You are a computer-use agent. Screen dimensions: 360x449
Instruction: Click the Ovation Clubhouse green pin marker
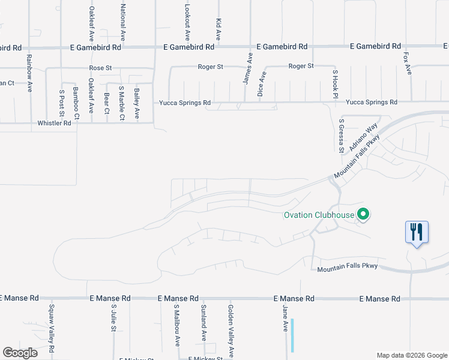click(x=363, y=214)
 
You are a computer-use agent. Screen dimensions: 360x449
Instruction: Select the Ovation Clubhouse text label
click(x=318, y=215)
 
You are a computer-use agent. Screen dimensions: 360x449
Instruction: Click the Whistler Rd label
click(x=54, y=123)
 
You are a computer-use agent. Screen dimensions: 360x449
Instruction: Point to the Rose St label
click(x=100, y=68)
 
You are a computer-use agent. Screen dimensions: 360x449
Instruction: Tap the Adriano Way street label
click(x=364, y=137)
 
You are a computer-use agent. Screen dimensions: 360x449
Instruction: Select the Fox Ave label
click(x=408, y=62)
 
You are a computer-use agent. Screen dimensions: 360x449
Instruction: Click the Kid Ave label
click(x=218, y=28)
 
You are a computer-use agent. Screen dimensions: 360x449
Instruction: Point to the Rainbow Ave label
click(x=29, y=73)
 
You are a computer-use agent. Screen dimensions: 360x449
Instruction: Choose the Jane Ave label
click(x=286, y=318)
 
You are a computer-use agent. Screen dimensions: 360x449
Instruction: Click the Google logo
click(x=20, y=353)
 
